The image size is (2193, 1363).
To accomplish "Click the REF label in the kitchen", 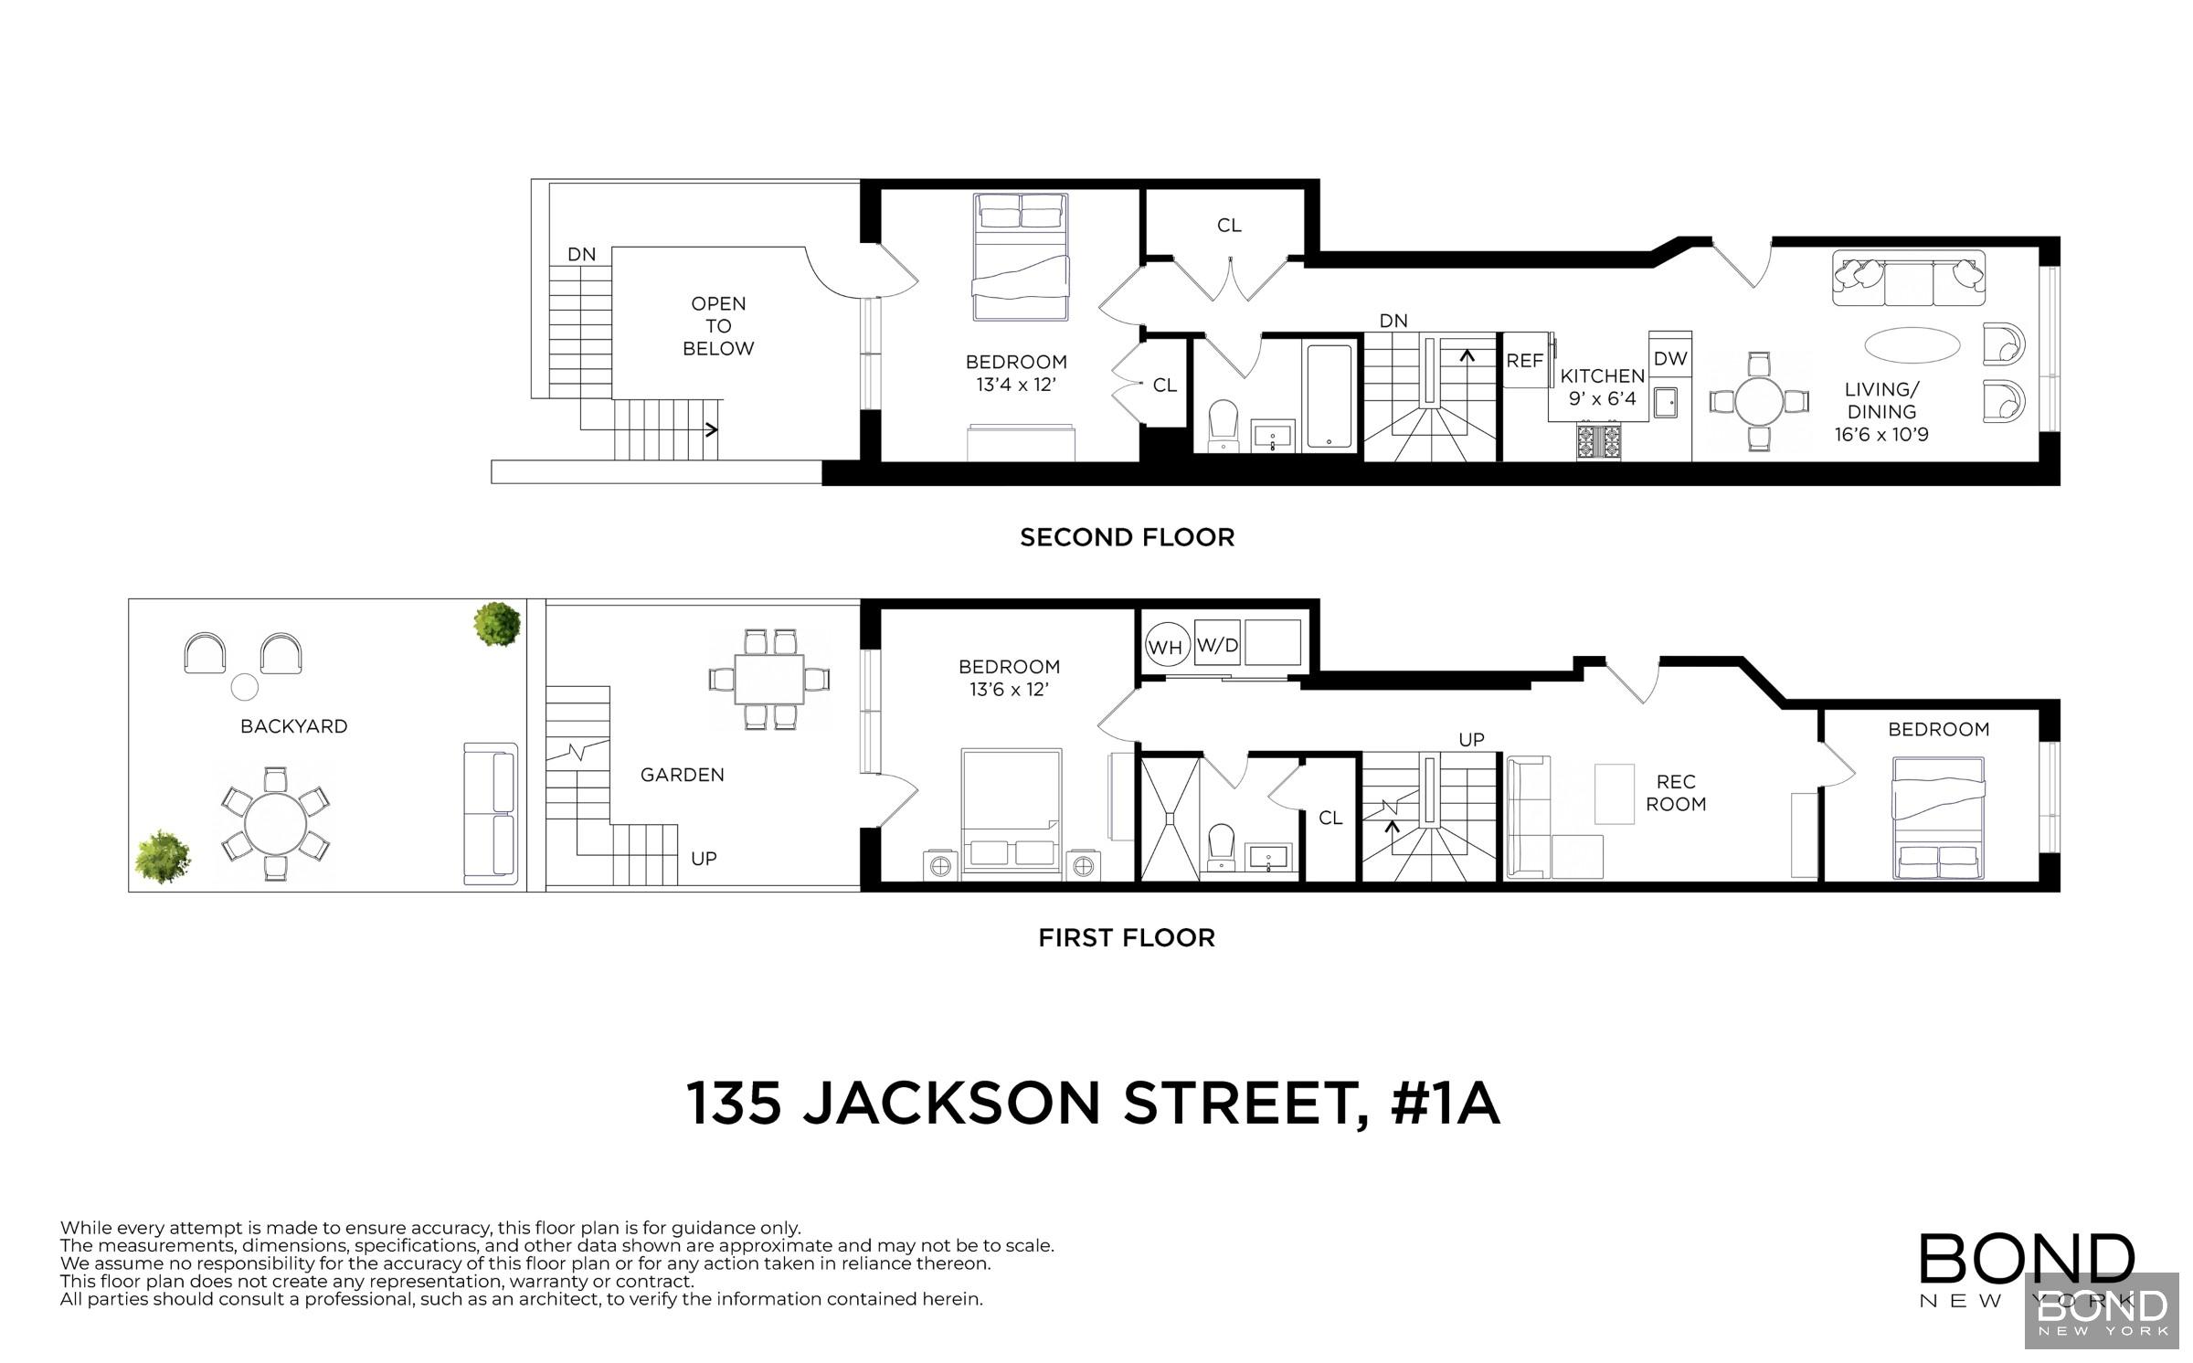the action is [1524, 361].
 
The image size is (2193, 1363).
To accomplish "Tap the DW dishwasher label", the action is [1670, 358].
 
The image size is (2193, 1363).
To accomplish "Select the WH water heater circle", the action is [1165, 647].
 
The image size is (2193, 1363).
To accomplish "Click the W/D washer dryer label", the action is [1217, 645].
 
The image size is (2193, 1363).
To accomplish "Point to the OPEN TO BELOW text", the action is [718, 326].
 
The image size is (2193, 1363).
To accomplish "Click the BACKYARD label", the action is [294, 726].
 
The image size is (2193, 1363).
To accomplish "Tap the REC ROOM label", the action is [1676, 793].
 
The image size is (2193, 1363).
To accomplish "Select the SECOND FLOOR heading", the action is [1127, 537].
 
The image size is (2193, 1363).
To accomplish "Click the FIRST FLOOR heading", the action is [1127, 938].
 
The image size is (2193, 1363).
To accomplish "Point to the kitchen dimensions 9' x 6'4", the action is [1602, 398].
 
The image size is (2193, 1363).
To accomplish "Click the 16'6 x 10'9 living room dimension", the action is [1881, 435].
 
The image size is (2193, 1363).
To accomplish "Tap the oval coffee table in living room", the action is [1912, 345].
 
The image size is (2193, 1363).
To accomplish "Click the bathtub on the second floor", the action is [1329, 396].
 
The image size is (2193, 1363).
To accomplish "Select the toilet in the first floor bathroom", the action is [1222, 845].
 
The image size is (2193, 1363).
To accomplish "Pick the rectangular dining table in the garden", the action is [769, 679].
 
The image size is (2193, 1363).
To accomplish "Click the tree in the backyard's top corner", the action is [497, 625].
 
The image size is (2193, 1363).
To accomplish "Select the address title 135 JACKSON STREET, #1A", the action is [1093, 1104].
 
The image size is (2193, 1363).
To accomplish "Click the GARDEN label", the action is [682, 775].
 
